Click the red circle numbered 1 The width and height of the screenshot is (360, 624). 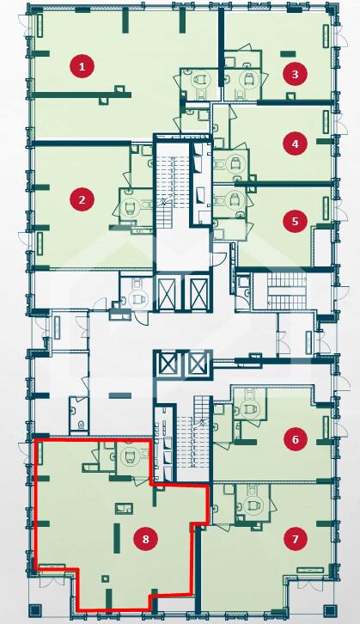click(x=82, y=66)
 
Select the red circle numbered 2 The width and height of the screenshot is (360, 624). click(x=82, y=199)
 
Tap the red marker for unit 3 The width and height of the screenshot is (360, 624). click(x=295, y=74)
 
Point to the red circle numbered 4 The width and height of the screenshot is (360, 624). click(x=295, y=144)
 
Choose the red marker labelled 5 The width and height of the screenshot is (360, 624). click(x=295, y=221)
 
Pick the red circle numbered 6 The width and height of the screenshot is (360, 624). click(x=295, y=439)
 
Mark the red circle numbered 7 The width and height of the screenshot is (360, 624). click(x=295, y=539)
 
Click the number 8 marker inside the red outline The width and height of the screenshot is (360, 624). click(x=145, y=539)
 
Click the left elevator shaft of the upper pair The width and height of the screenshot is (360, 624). click(x=168, y=292)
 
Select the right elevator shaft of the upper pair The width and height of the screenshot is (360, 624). click(x=198, y=292)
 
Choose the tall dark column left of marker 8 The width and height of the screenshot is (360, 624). click(x=117, y=538)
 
